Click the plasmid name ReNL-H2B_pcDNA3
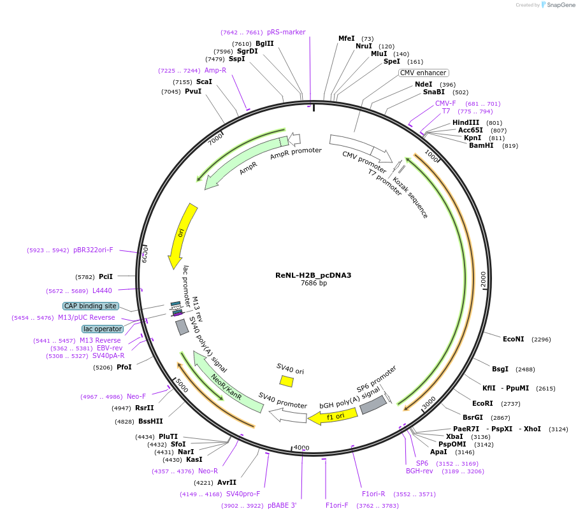(x=313, y=276)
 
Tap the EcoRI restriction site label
(x=482, y=403)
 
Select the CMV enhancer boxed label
(x=423, y=73)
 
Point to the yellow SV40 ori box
(x=287, y=381)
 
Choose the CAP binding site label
(x=90, y=306)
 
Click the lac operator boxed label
(x=102, y=329)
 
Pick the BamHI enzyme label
(x=481, y=145)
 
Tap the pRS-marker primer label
(x=286, y=32)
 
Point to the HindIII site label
(x=465, y=122)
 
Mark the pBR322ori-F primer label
(x=93, y=250)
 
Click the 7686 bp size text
(x=313, y=283)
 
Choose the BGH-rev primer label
(x=419, y=471)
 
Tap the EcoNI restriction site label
(x=513, y=340)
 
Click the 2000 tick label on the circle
(x=483, y=278)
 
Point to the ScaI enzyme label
(x=204, y=82)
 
